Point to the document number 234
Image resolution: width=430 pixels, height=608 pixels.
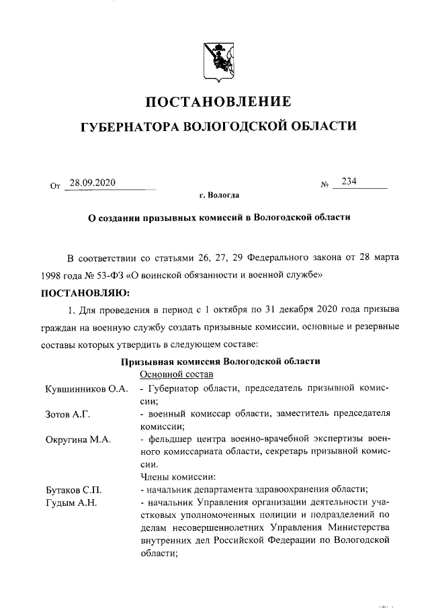click(349, 182)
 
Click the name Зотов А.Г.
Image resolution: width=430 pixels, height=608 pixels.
click(67, 413)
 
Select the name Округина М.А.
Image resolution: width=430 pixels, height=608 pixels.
click(77, 439)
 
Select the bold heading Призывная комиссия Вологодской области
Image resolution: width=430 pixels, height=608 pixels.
click(220, 361)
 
